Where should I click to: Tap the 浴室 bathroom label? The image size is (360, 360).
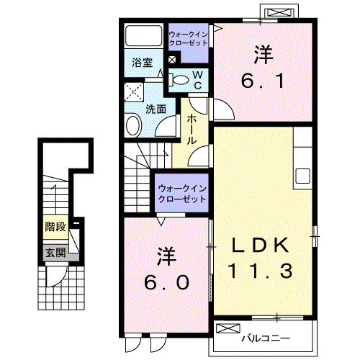click(x=141, y=63)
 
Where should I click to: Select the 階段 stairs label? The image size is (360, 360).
click(x=55, y=227)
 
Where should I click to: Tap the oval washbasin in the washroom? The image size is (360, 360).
click(x=133, y=127)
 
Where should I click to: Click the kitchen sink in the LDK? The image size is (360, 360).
click(x=302, y=176)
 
